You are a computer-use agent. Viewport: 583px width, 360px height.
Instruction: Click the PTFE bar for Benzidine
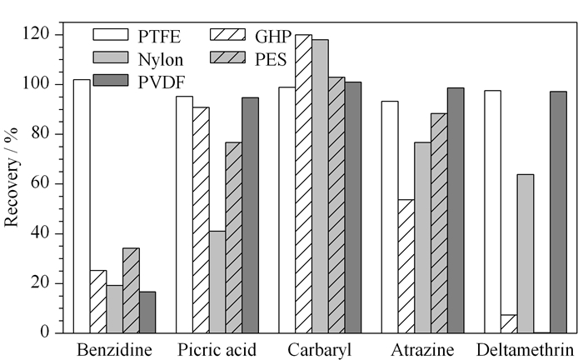(82, 206)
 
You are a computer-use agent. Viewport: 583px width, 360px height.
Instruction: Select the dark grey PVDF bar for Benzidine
(147, 312)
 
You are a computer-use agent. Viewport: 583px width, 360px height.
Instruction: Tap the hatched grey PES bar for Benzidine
(132, 291)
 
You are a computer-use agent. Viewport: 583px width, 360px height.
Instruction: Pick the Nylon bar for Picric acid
(217, 282)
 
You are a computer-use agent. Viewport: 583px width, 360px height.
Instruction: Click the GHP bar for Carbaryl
(303, 183)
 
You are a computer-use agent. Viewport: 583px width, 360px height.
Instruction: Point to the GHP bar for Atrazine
(406, 267)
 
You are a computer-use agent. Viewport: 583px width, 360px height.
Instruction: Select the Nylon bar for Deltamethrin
(526, 253)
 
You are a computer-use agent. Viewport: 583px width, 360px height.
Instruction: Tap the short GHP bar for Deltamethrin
(509, 324)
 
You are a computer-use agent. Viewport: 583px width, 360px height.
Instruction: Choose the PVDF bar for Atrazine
(456, 211)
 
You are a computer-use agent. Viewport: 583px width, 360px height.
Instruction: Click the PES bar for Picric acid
(233, 237)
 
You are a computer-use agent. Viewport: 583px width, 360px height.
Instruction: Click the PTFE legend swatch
(111, 35)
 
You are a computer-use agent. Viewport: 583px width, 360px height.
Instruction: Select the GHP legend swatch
(228, 35)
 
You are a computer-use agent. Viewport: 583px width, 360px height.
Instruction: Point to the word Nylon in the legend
(161, 59)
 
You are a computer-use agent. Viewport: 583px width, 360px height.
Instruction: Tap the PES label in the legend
(271, 59)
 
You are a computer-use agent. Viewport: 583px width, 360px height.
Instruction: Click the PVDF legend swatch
(111, 80)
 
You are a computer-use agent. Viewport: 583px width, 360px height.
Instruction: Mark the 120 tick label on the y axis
(36, 34)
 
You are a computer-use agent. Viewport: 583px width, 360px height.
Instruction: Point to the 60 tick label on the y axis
(41, 183)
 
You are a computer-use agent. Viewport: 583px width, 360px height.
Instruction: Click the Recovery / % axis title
(11, 177)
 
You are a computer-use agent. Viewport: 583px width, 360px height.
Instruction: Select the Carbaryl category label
(319, 350)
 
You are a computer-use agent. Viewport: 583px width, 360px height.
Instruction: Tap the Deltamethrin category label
(525, 350)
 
